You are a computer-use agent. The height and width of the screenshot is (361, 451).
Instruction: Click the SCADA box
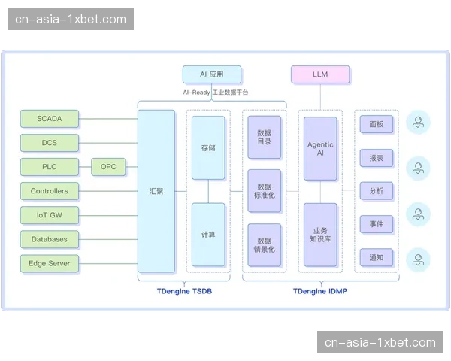coord(49,119)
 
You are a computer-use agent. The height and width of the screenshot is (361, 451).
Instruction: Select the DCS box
coord(49,143)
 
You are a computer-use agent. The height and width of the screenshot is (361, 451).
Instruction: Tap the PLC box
coord(49,167)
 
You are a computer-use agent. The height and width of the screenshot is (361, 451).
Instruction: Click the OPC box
coord(108,167)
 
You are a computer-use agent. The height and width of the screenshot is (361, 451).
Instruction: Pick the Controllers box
coord(49,191)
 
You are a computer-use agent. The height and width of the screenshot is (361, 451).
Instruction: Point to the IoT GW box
coord(49,215)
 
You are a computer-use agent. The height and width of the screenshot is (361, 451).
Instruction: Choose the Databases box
coord(49,239)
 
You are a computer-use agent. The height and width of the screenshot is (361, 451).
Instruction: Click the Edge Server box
coord(49,263)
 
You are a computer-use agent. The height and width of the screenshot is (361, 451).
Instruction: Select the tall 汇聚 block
coord(156,191)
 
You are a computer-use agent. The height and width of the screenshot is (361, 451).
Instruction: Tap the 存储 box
coord(208,147)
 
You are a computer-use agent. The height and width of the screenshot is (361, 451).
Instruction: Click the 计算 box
coord(208,235)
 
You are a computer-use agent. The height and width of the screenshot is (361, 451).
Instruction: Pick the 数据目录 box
coord(265,137)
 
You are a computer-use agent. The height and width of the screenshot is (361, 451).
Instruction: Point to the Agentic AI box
coord(320,148)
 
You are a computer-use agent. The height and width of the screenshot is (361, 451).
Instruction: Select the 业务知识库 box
coord(320,235)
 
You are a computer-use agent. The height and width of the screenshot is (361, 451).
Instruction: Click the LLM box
coord(320,74)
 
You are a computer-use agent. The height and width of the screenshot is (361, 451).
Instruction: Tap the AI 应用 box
coord(213,74)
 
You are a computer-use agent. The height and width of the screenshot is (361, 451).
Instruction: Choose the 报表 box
coord(377,158)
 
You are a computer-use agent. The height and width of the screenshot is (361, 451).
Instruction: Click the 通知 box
coord(377,258)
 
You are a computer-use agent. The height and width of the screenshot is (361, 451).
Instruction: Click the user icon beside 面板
coord(419,123)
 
